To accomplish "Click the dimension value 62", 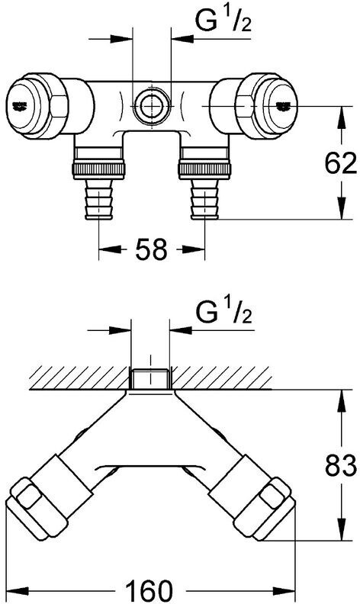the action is (x=340, y=164).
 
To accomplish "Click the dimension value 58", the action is (x=152, y=249).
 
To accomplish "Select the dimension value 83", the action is (x=341, y=466).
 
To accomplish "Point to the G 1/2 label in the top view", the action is (x=223, y=20).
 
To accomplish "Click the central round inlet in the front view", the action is (x=151, y=105).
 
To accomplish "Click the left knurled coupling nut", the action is (x=98, y=170).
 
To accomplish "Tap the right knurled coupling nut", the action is (x=204, y=170).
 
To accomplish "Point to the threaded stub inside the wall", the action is (x=150, y=379).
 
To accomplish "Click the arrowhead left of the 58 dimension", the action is (x=110, y=249).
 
